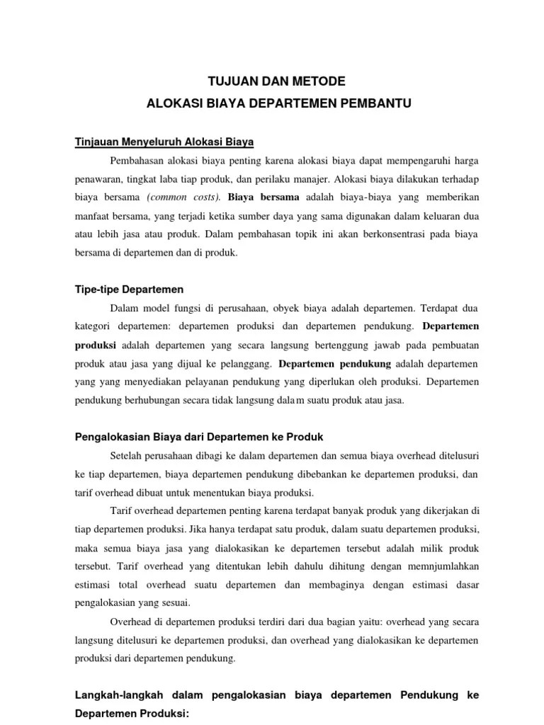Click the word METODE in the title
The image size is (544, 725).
coord(312,81)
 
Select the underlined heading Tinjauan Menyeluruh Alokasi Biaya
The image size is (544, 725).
coord(164,142)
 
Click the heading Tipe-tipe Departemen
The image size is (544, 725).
coord(129,290)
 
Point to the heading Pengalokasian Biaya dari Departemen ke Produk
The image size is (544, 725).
coord(199,437)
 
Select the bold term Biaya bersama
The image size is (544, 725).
coord(263,197)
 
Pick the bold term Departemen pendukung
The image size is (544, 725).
coord(335,364)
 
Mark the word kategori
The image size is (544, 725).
coord(94,327)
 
